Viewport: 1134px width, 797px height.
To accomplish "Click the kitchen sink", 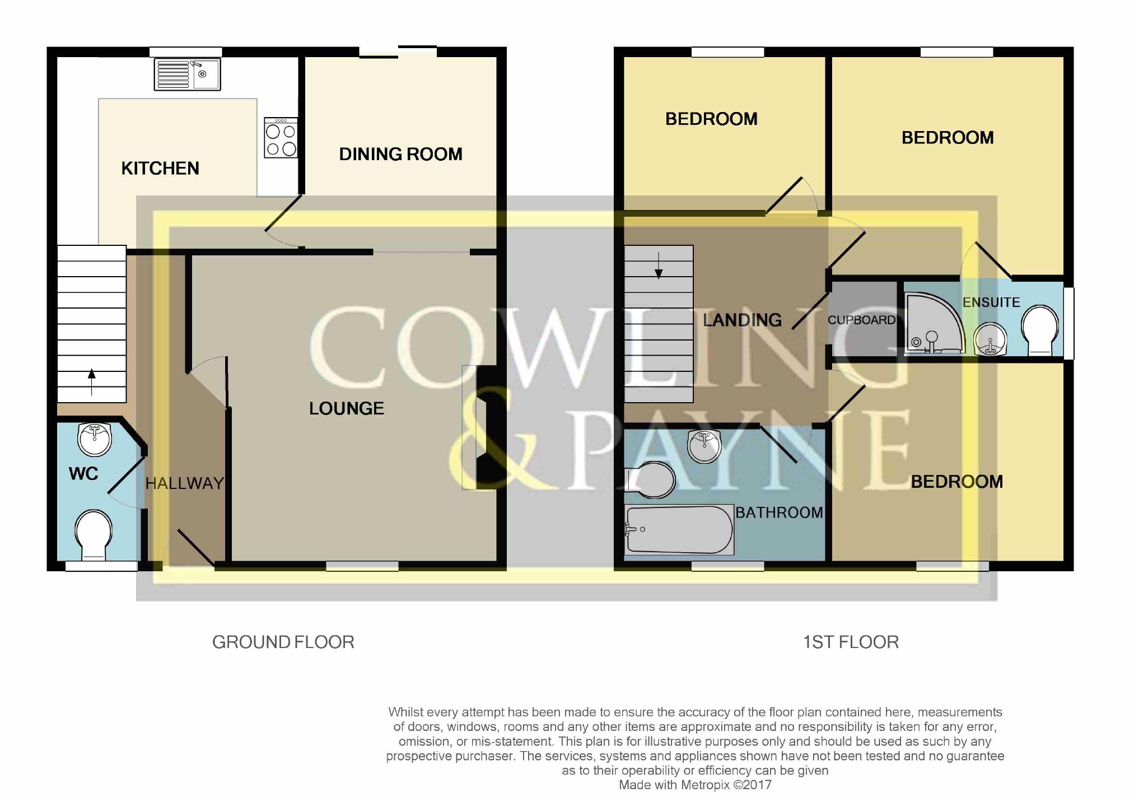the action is point(188,74).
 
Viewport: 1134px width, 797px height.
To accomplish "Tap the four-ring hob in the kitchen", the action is point(281,138).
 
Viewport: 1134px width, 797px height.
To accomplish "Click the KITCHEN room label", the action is point(160,168).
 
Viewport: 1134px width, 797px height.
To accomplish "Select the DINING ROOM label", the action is point(401,154).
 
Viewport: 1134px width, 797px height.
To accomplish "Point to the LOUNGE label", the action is point(347,408).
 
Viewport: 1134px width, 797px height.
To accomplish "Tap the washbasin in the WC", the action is point(95,440).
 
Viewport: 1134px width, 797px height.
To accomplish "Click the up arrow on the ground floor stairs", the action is point(92,382).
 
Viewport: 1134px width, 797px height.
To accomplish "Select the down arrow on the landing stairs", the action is point(659,265).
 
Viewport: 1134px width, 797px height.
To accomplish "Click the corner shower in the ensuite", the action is point(934,324).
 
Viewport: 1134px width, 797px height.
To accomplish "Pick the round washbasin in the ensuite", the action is point(991,339).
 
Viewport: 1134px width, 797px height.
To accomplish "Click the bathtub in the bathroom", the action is point(679,530).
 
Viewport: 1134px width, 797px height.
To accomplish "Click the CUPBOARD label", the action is point(862,320).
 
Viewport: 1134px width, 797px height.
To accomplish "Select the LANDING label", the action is point(743,320).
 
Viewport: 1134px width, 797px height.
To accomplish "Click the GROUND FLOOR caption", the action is point(283,642).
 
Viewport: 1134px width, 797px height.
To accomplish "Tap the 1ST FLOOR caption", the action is point(851,642).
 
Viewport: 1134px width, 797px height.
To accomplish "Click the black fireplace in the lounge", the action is point(486,427).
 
